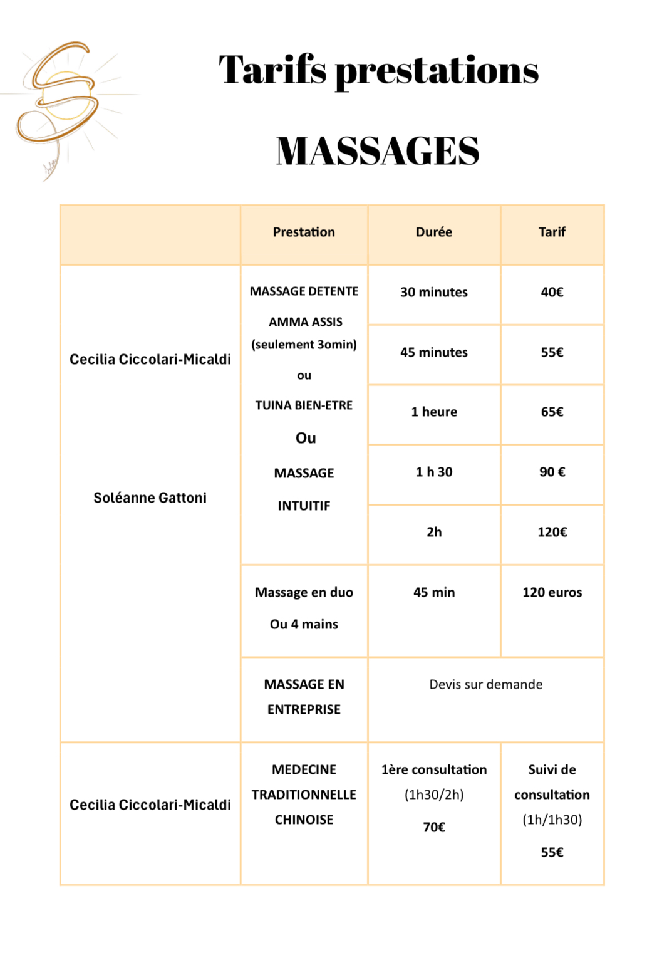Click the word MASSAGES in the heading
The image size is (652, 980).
(x=378, y=151)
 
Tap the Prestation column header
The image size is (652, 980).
(x=304, y=232)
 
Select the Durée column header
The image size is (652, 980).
(x=433, y=232)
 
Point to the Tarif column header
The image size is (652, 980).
(x=552, y=232)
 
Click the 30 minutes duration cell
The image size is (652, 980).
(x=433, y=292)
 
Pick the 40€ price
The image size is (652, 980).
(x=552, y=292)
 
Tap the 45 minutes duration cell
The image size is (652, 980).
(x=433, y=352)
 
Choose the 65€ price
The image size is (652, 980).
(x=552, y=412)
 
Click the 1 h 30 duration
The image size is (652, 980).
(x=433, y=472)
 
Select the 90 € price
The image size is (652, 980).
(x=552, y=472)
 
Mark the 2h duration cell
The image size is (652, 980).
(x=433, y=532)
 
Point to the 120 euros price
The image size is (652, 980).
(x=552, y=592)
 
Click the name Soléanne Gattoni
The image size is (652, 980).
(x=150, y=498)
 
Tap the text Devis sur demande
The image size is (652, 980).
(x=485, y=684)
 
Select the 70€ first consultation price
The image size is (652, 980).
(x=433, y=827)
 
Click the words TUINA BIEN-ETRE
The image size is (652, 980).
(x=304, y=405)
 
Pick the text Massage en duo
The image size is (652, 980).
(x=304, y=592)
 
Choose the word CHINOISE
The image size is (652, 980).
(x=304, y=820)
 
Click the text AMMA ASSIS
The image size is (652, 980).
(x=306, y=322)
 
